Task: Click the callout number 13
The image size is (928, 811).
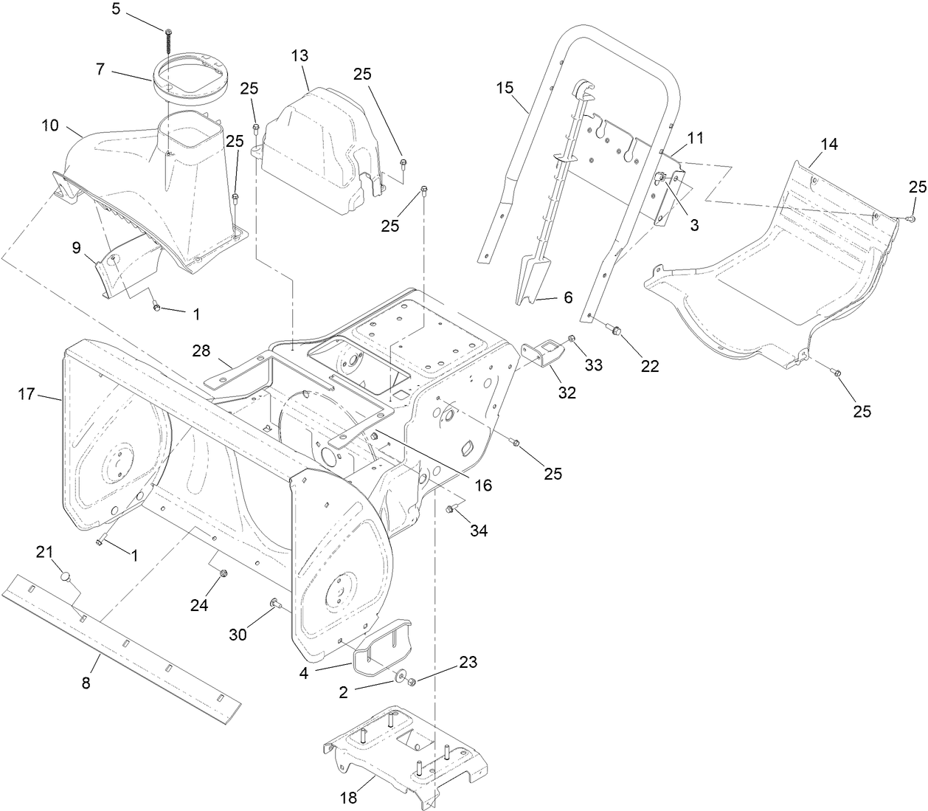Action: pos(299,56)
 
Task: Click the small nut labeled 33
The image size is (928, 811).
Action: pos(572,339)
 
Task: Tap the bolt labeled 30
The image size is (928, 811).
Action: pos(276,604)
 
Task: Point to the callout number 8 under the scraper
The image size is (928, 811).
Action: pos(86,683)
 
